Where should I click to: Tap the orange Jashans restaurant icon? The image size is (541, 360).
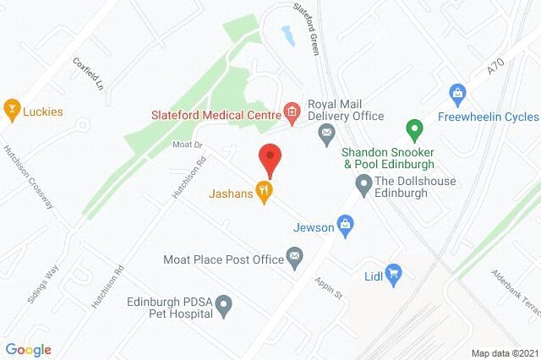coord(265,193)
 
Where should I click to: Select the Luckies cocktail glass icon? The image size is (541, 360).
coord(12,108)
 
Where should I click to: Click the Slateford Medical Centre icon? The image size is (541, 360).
coord(292,111)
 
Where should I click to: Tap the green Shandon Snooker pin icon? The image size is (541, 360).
coord(413,131)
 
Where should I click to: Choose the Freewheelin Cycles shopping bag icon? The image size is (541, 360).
coord(457,91)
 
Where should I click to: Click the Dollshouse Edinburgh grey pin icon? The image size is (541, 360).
coord(363,183)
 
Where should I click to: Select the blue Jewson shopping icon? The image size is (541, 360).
coord(344,224)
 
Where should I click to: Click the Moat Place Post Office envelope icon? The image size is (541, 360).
coord(294,256)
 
